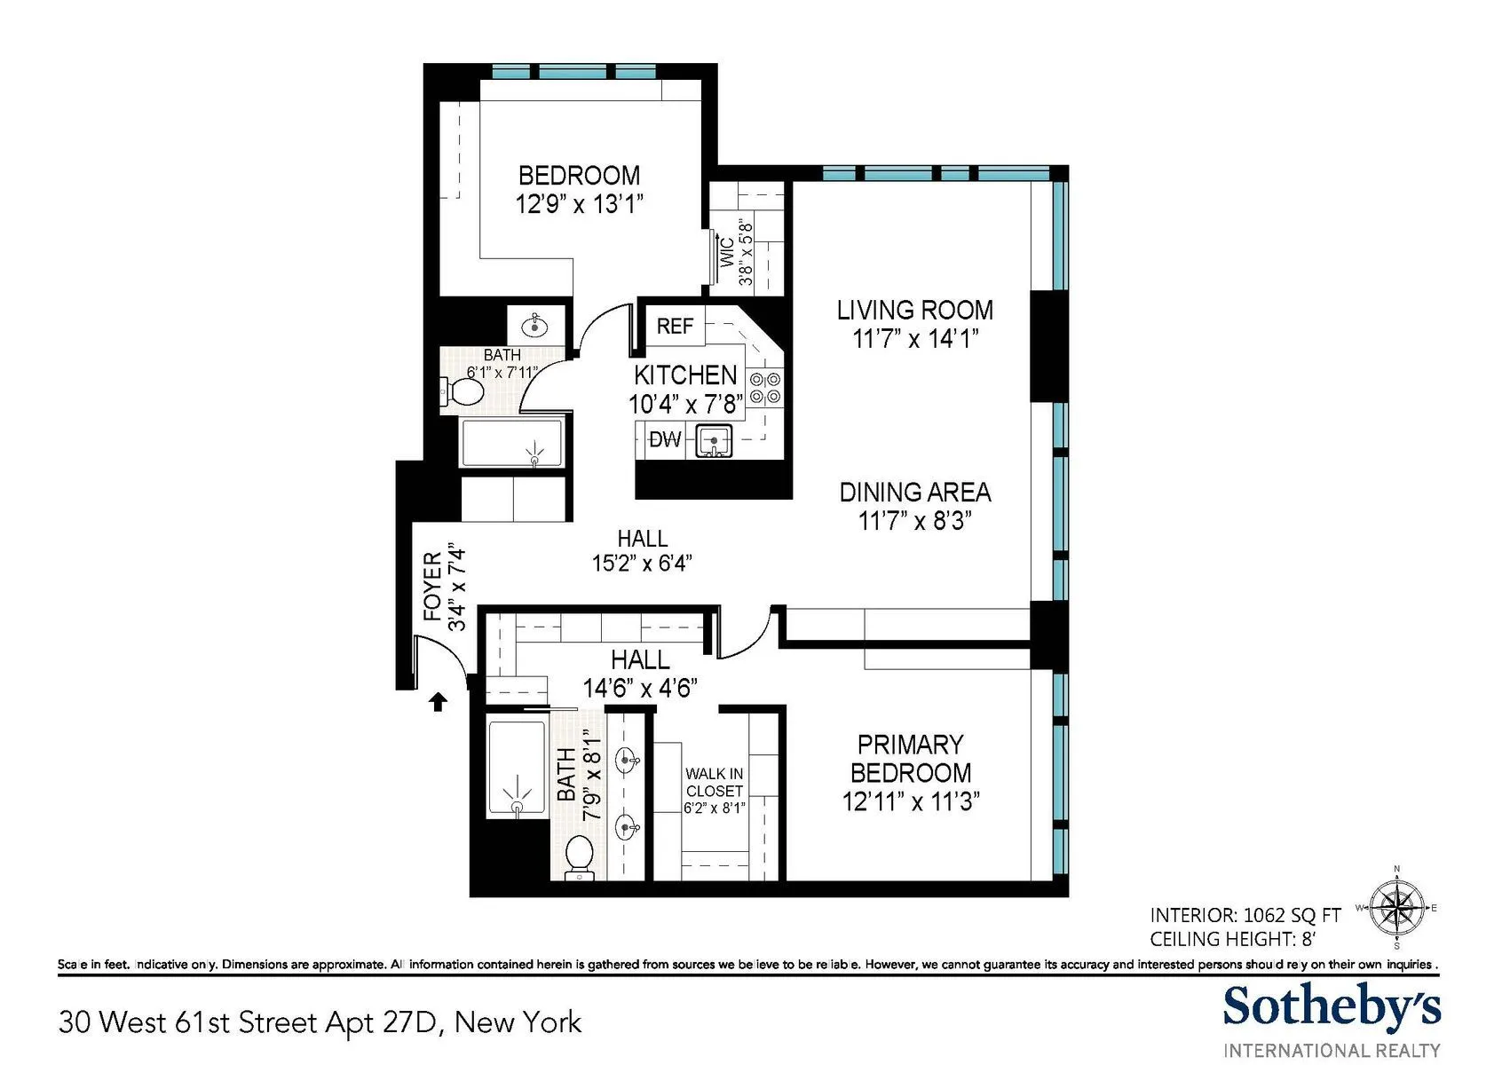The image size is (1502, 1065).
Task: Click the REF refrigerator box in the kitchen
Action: pos(675,326)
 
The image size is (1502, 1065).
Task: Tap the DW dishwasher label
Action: pos(666,439)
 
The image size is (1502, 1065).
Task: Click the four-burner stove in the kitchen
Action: pos(765,388)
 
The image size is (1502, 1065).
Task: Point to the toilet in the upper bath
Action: pos(461,391)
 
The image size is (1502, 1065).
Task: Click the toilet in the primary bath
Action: pos(579,855)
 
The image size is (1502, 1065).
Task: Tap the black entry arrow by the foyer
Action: pos(438,702)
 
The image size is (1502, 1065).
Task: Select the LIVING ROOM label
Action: pos(914,310)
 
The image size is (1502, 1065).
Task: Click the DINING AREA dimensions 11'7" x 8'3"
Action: pos(914,520)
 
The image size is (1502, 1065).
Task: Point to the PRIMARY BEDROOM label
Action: pos(910,758)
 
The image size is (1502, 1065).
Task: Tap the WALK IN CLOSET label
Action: pos(714,782)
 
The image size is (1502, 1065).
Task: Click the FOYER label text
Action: pos(433,586)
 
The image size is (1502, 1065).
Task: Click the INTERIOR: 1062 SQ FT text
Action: pos(1245,915)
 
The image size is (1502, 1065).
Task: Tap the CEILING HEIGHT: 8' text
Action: pos(1232,939)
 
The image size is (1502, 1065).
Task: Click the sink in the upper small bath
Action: pos(535,326)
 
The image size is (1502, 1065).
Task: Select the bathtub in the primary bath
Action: pos(517,769)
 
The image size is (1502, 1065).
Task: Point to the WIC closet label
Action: pos(728,252)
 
